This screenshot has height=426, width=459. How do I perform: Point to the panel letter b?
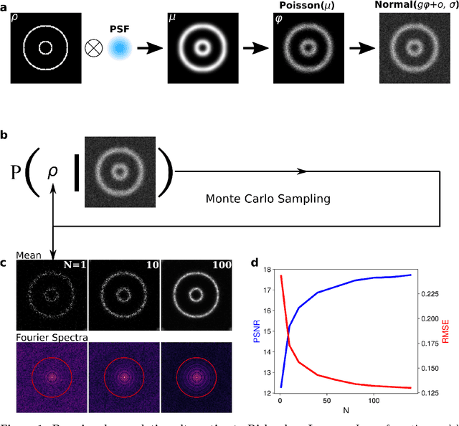pos(5,134)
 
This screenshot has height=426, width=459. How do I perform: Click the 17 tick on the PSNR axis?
pos(267,290)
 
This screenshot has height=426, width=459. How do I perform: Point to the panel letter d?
pos(255,262)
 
